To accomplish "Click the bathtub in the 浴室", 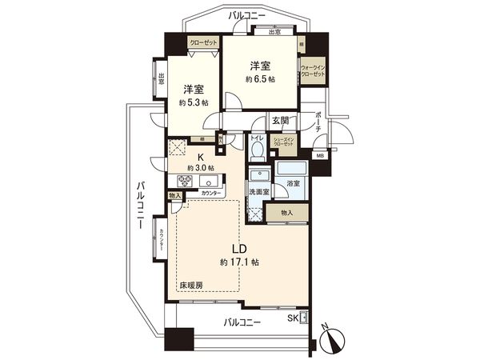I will tap(289, 170).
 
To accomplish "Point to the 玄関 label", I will tap(279, 121).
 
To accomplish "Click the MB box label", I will tap(320, 155).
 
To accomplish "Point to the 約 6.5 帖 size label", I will tap(260, 79).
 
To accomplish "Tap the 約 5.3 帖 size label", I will tap(193, 103).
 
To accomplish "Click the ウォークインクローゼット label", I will tap(313, 70).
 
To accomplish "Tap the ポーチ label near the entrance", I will tap(318, 121).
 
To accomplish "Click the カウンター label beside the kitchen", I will tap(211, 194).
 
